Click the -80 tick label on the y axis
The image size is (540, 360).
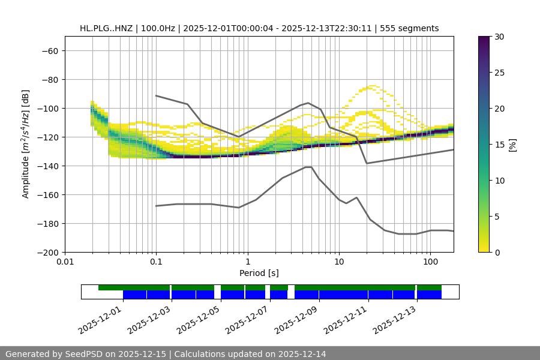49,80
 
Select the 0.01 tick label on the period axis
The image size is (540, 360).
65,262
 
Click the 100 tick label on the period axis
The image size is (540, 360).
430,262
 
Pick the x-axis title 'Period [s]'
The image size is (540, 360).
259,273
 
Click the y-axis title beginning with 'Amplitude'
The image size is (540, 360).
26,145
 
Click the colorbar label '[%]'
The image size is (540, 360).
512,145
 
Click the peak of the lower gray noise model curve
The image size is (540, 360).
308,167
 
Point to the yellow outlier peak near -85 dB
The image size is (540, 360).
373,86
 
